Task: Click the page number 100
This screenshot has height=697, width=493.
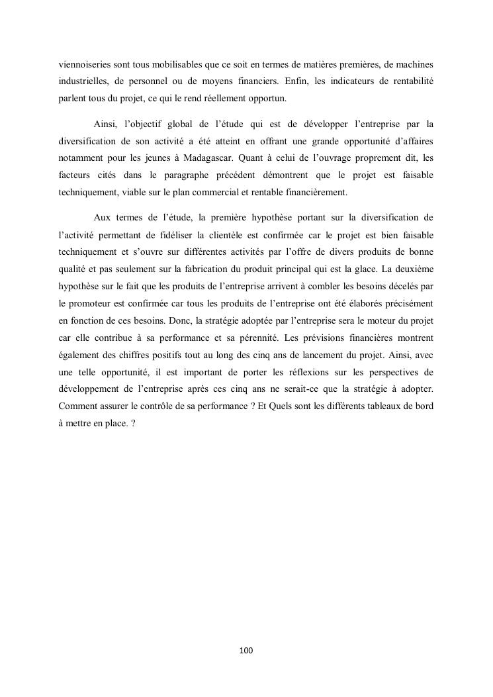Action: tap(246, 651)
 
